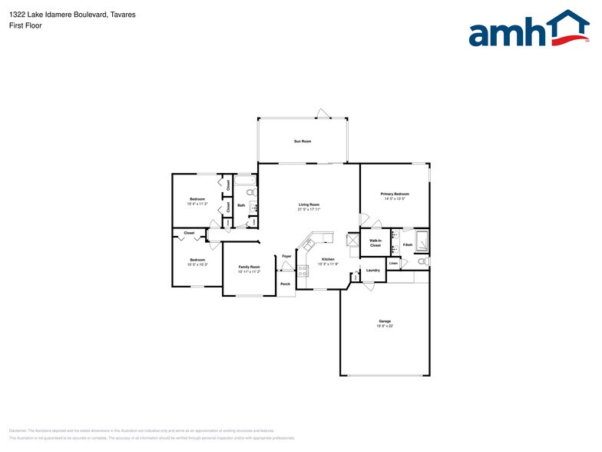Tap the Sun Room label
[x=302, y=141]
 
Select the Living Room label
[x=309, y=206]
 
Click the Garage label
[x=385, y=322]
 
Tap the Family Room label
[x=249, y=268]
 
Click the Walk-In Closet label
[x=375, y=243]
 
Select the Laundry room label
[x=373, y=271]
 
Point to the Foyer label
[x=286, y=256]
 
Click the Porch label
[x=284, y=284]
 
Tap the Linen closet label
[x=393, y=264]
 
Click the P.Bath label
[x=408, y=244]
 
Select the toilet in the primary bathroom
[x=422, y=262]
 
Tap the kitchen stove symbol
[x=303, y=270]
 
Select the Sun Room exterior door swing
[x=324, y=114]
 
